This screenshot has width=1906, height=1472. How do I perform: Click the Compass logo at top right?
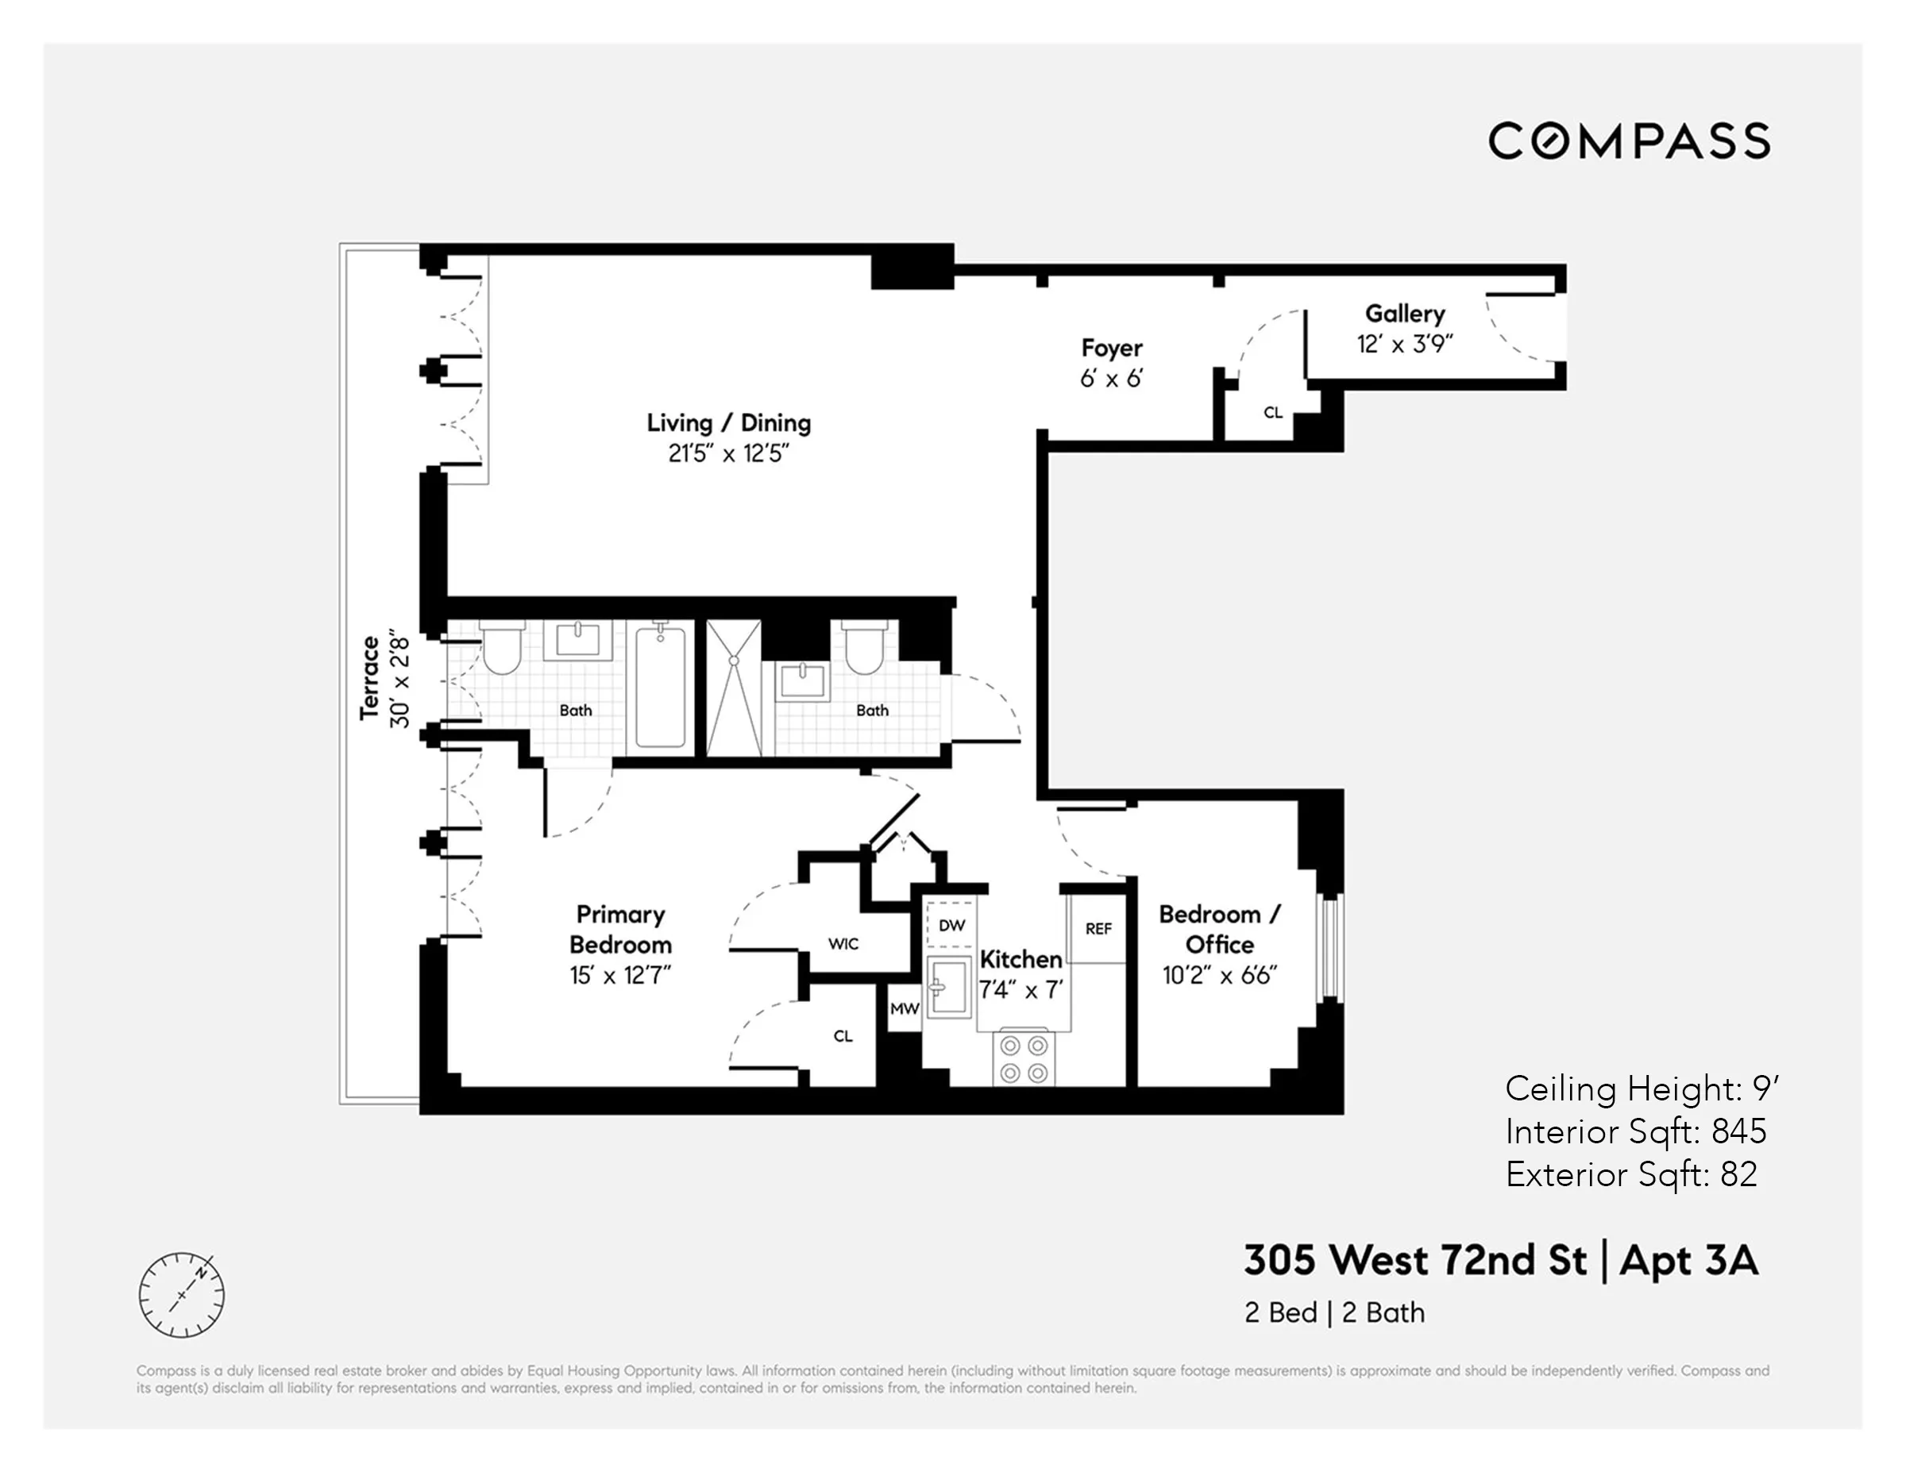(x=1629, y=141)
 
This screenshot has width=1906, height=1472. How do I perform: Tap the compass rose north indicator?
(x=203, y=1272)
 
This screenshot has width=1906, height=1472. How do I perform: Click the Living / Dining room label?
(x=729, y=423)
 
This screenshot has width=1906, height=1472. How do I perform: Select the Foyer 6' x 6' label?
(x=1111, y=363)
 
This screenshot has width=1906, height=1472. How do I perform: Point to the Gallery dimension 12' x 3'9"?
(x=1404, y=345)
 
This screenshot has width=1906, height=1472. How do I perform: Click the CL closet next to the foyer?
(x=1272, y=413)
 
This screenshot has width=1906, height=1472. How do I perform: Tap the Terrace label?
(x=370, y=678)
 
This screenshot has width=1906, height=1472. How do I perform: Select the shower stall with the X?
(x=733, y=688)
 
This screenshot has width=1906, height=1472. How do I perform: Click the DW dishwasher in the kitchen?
(x=951, y=925)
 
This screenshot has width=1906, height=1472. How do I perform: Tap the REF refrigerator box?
(x=1098, y=929)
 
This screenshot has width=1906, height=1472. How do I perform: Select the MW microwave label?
(x=904, y=1008)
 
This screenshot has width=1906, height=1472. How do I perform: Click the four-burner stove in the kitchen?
(x=1024, y=1058)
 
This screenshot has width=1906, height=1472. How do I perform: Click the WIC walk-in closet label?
(x=843, y=944)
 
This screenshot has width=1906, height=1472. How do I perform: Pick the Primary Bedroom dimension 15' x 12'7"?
(x=619, y=976)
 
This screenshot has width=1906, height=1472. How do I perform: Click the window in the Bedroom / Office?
(x=1329, y=946)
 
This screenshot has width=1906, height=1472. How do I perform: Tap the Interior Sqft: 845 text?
(x=1635, y=1131)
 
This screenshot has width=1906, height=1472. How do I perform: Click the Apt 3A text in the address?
(x=1688, y=1261)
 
